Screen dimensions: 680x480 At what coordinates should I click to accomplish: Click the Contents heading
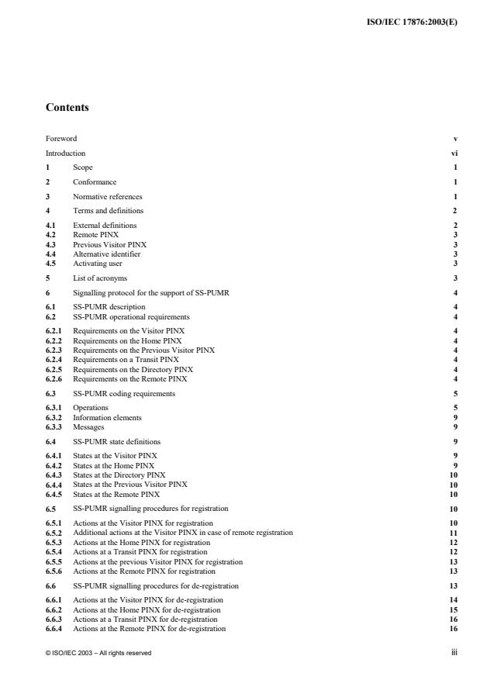pos(67,108)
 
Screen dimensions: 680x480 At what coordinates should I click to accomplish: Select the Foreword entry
pos(61,139)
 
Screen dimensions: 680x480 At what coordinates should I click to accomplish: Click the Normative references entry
pos(108,196)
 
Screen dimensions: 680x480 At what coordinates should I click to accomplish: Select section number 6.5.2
pos(54,533)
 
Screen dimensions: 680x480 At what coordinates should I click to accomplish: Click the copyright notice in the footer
pos(98,653)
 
